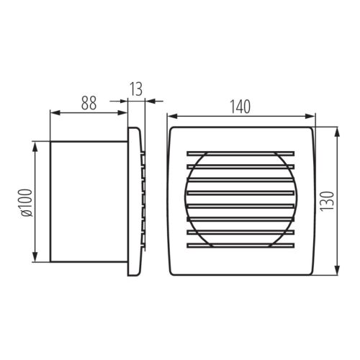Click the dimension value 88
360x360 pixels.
point(88,102)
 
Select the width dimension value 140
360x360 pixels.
point(240,106)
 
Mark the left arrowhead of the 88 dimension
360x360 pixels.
point(53,112)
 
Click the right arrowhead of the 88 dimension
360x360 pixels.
point(124,112)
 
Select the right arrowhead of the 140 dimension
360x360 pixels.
point(312,115)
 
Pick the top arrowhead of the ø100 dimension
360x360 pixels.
point(35,145)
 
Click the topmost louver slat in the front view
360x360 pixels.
point(240,153)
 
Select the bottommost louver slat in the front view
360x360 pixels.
point(240,246)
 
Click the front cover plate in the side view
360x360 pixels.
point(134,202)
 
